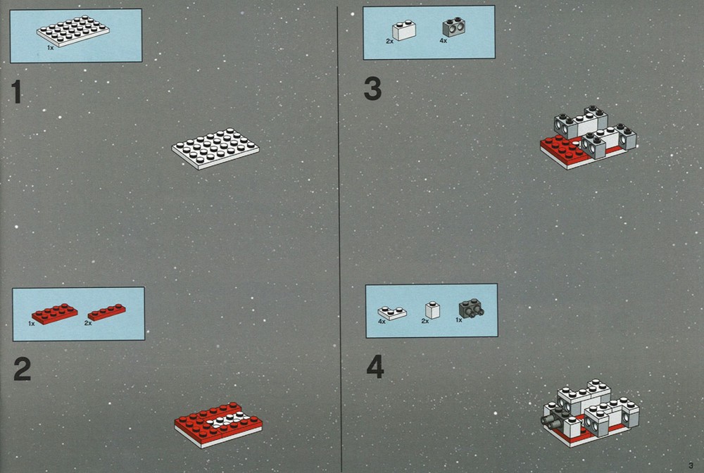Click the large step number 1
[x=16, y=92]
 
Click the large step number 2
[x=22, y=369]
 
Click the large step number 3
[x=372, y=89]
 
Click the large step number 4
[x=375, y=367]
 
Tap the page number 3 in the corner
[x=691, y=466]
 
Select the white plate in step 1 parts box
[x=73, y=31]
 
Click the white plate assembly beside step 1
[x=215, y=149]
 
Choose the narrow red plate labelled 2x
[x=107, y=312]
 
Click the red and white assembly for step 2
[x=218, y=425]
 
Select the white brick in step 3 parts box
[x=403, y=30]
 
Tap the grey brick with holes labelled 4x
[x=453, y=27]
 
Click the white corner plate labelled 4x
[x=392, y=313]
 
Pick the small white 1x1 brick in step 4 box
[x=432, y=310]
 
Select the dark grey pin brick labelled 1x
[x=471, y=308]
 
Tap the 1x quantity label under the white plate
[x=50, y=47]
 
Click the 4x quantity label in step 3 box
[x=443, y=40]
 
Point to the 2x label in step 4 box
[x=425, y=321]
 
